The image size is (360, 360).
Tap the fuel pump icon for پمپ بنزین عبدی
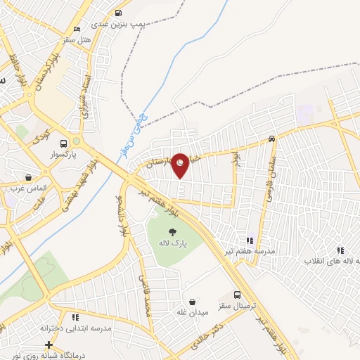click(x=117, y=13)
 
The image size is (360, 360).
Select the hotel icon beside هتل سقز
click(x=77, y=29)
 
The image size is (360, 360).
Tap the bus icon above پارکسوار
click(x=64, y=142)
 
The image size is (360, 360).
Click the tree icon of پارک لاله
click(x=172, y=231)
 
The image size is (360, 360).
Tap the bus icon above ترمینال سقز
click(x=238, y=296)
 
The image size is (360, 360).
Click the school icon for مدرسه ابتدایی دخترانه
click(x=75, y=318)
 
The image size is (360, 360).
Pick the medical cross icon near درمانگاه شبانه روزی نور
click(x=48, y=345)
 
